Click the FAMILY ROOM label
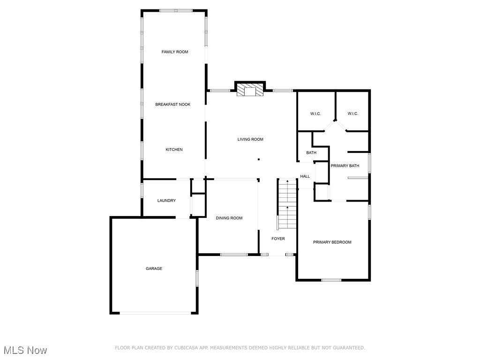pos(175,52)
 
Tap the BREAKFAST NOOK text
pos(173,105)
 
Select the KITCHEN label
pos(174,150)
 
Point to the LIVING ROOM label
pos(250,139)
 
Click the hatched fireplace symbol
pos(249,90)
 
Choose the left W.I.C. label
pos(315,114)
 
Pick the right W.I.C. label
pos(353,114)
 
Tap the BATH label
pos(311,153)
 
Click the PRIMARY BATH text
pos(345,166)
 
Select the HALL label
pos(305,177)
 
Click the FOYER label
pos(278,239)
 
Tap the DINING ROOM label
pos(229,218)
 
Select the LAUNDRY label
pos(166,201)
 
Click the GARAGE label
pos(154,269)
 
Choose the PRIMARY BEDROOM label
pos(332,242)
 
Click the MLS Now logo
pos(25,350)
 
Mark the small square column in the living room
pos(259,159)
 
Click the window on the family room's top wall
pos(176,10)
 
